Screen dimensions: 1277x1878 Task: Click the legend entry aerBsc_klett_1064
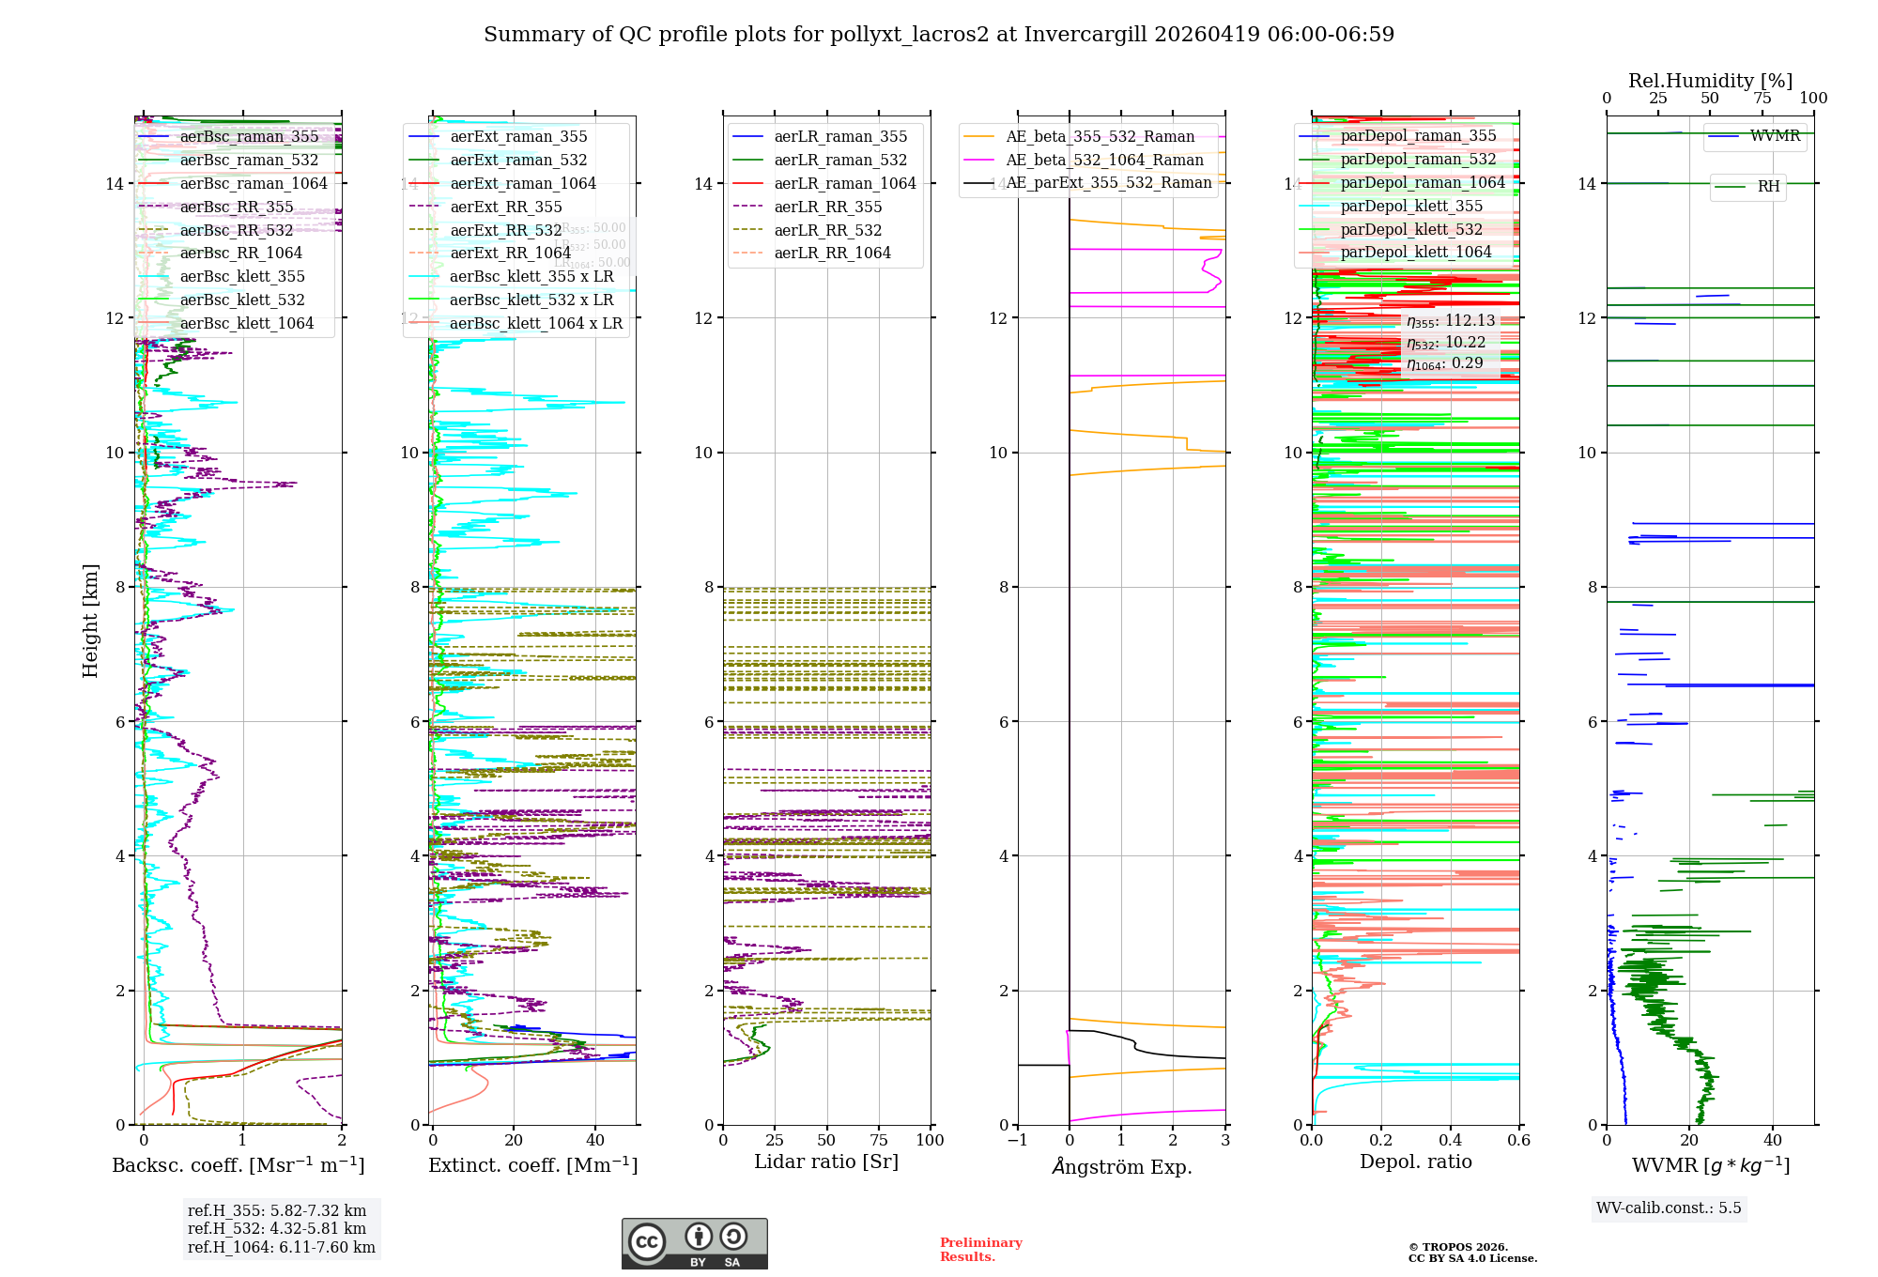point(247,323)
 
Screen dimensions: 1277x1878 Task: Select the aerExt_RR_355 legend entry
point(505,207)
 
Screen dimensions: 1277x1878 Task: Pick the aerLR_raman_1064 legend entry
point(844,183)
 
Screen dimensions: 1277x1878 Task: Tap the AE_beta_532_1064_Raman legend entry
point(1104,160)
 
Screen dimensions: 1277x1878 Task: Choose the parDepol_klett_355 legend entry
point(1411,206)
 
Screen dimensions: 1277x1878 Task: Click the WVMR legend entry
point(1775,136)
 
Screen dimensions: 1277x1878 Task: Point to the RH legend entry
point(1768,186)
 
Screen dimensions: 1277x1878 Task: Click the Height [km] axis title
point(90,620)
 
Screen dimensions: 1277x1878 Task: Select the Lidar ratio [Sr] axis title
point(826,1162)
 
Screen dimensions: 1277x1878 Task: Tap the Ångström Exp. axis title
point(1122,1166)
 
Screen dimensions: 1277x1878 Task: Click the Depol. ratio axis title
point(1416,1162)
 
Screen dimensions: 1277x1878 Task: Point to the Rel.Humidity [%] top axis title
point(1710,81)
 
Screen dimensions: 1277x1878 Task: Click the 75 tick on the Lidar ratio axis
point(879,1140)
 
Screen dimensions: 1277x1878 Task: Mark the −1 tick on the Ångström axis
point(1017,1140)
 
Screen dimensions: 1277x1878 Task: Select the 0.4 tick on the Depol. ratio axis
point(1450,1140)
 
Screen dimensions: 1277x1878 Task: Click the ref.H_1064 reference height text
point(282,1247)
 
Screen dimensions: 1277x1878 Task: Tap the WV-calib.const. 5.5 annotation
point(1669,1208)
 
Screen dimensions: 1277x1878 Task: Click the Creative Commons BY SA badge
point(694,1243)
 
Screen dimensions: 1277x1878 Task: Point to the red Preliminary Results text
point(980,1249)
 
